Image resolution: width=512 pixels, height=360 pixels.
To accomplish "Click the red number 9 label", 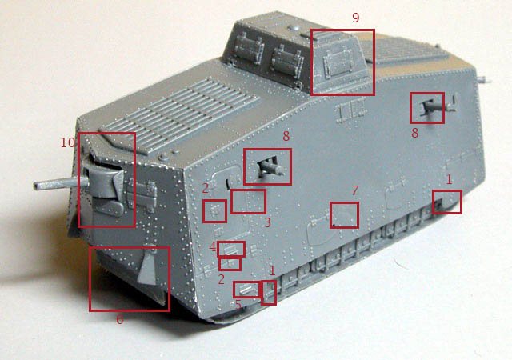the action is [355, 18].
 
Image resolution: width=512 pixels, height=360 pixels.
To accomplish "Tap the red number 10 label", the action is [67, 142].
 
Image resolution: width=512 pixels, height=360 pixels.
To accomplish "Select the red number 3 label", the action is [268, 222].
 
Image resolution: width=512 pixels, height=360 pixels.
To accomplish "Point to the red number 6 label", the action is [120, 319].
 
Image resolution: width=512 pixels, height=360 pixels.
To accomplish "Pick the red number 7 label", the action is [355, 190].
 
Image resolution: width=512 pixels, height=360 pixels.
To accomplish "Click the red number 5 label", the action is [238, 304].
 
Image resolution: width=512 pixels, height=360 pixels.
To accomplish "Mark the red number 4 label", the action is [213, 247].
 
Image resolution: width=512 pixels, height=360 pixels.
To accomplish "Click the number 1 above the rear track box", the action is [450, 179].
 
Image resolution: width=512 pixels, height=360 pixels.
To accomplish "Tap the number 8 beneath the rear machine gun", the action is [414, 133].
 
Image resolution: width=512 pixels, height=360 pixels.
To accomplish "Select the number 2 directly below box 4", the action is [222, 279].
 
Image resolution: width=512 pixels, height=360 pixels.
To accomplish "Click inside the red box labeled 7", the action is [344, 215].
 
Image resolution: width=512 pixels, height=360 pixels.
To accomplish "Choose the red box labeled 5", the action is [247, 289].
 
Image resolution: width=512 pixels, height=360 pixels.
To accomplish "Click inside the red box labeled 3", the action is [248, 202].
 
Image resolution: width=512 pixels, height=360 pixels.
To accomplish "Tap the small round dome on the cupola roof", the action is [295, 28].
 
